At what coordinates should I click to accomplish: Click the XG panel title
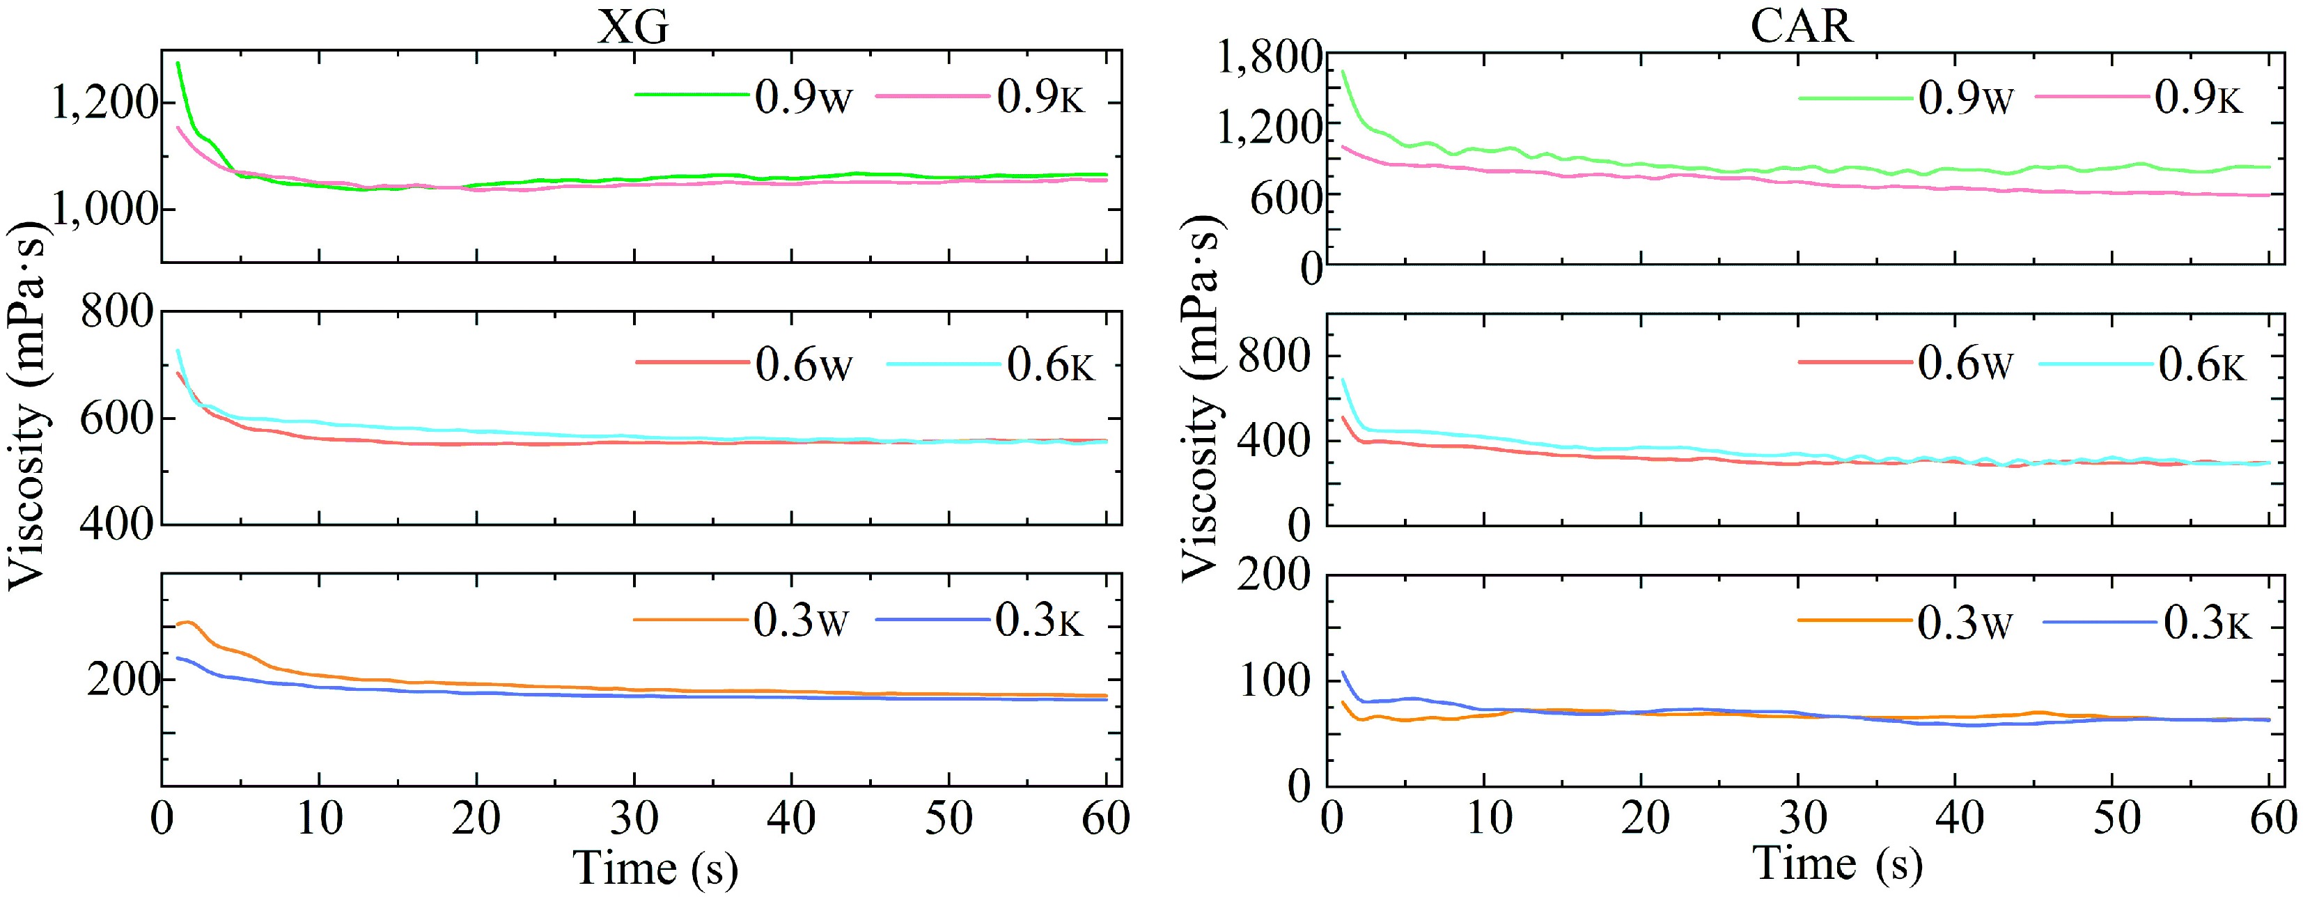coord(633,27)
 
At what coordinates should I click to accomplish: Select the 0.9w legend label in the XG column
coord(803,97)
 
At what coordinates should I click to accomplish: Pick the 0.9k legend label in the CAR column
coord(2199,97)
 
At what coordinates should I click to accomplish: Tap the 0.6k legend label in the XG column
coord(1050,365)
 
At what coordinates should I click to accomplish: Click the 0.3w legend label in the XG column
coord(800,621)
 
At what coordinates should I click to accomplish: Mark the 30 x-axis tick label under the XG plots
coord(633,818)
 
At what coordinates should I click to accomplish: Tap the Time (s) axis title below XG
coord(655,868)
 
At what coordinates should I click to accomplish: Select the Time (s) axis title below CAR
coord(1837,864)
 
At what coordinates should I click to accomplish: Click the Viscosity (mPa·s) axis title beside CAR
coord(1201,398)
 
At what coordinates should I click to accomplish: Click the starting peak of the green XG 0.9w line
coord(178,63)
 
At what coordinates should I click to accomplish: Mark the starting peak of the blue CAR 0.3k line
coord(1343,673)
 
